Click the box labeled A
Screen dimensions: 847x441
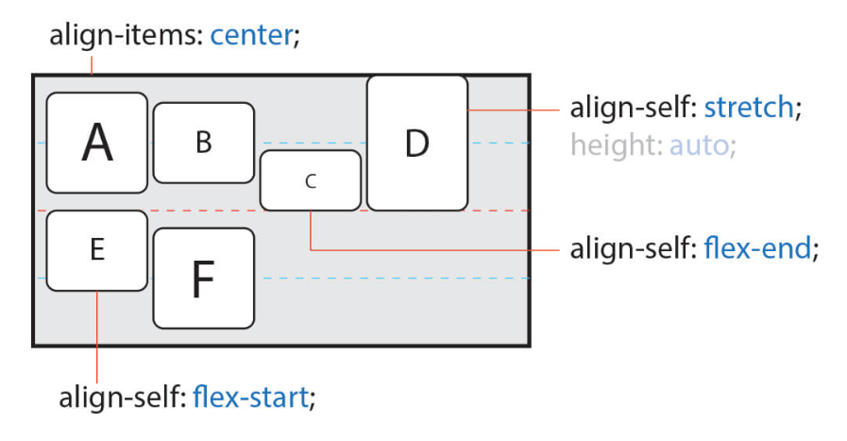pyautogui.click(x=96, y=143)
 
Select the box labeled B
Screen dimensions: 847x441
pyautogui.click(x=203, y=143)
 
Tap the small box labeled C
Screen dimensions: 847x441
pyautogui.click(x=310, y=179)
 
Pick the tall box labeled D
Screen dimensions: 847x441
pyautogui.click(x=416, y=143)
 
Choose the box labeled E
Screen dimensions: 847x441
pyautogui.click(x=96, y=250)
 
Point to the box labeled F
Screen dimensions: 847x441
pyautogui.click(x=203, y=279)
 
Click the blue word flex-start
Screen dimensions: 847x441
pyautogui.click(x=249, y=397)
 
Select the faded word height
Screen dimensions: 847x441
pyautogui.click(x=614, y=146)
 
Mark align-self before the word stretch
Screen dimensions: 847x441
pyautogui.click(x=630, y=107)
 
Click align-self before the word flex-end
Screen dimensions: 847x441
pyautogui.click(x=630, y=249)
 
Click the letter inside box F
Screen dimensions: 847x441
pyautogui.click(x=203, y=280)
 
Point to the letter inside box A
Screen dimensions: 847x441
pyautogui.click(x=97, y=144)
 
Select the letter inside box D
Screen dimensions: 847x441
pyautogui.click(x=416, y=144)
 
